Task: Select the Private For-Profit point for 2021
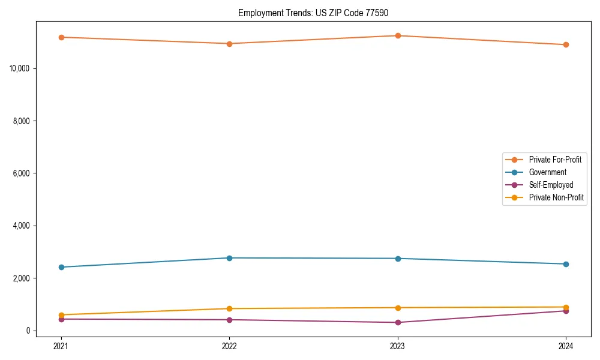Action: click(x=61, y=37)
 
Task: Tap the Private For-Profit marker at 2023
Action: click(x=398, y=35)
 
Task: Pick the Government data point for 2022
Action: click(x=229, y=258)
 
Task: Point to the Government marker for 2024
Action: click(x=566, y=264)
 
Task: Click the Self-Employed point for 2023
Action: click(x=398, y=323)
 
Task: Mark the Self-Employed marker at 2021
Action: click(x=61, y=319)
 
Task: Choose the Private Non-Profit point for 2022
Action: click(x=229, y=308)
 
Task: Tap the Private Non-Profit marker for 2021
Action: click(x=61, y=314)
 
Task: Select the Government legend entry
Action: click(x=547, y=172)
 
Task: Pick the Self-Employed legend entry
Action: click(x=551, y=185)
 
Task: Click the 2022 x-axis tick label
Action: click(x=229, y=346)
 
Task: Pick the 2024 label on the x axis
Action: click(x=566, y=346)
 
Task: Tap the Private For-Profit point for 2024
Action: click(x=566, y=44)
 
